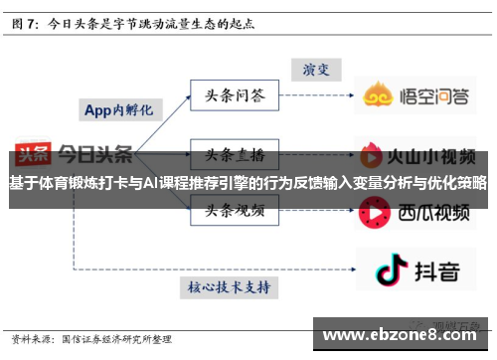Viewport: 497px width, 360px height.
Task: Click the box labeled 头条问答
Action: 235,95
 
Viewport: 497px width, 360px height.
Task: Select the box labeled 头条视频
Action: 235,211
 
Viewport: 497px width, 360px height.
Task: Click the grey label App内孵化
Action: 116,109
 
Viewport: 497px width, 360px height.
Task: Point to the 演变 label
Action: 315,70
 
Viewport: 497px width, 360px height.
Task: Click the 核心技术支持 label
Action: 229,286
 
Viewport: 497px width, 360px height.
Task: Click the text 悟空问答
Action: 436,96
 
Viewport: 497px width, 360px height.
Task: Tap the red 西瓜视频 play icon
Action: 374,212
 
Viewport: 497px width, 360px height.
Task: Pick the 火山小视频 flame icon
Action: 374,156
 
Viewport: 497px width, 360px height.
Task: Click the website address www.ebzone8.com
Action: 404,335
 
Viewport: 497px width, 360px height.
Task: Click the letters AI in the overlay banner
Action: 152,183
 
